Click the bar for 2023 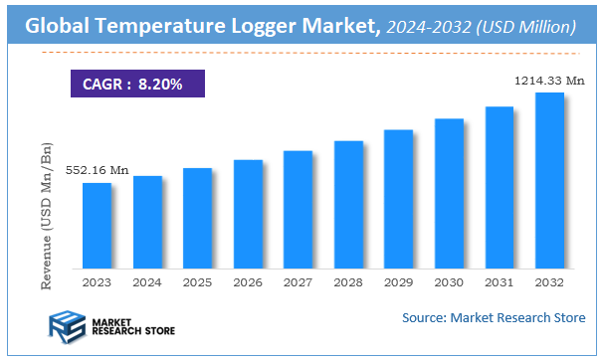point(97,226)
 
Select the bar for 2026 point(248,214)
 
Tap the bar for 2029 point(399,199)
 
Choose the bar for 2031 point(500,188)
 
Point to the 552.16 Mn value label point(97,171)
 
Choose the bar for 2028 point(348,205)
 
